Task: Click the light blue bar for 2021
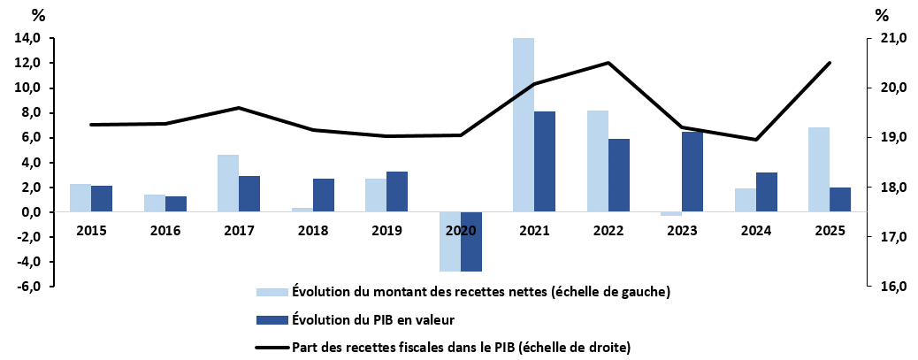523,125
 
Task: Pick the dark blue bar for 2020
471,241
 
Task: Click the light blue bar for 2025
819,169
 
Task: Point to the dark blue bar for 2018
324,195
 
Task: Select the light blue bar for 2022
597,161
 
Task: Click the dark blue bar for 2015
102,198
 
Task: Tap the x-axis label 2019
386,231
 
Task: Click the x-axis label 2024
756,231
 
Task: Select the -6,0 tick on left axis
27,287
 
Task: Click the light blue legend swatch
271,292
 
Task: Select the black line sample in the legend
271,346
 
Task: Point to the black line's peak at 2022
608,63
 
